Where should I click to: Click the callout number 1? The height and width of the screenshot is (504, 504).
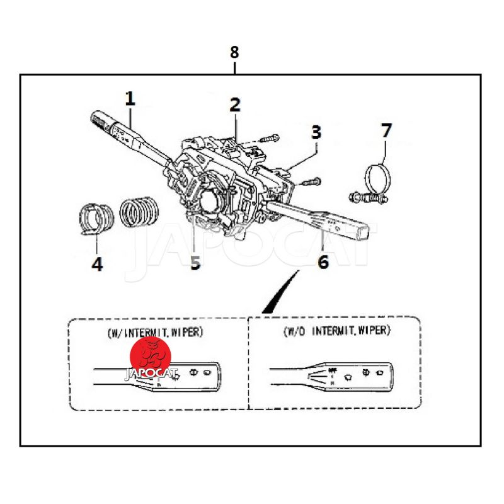(x=130, y=99)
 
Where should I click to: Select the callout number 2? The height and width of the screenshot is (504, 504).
(x=234, y=105)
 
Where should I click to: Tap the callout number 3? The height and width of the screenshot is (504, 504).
(x=316, y=132)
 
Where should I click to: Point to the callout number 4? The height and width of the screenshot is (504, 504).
(x=96, y=264)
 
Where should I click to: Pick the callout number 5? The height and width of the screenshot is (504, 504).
(x=195, y=263)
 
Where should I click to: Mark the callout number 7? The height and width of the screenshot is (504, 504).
(x=386, y=131)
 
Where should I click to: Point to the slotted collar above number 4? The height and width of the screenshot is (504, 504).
(x=96, y=219)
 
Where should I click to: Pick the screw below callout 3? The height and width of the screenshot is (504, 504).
(x=312, y=182)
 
